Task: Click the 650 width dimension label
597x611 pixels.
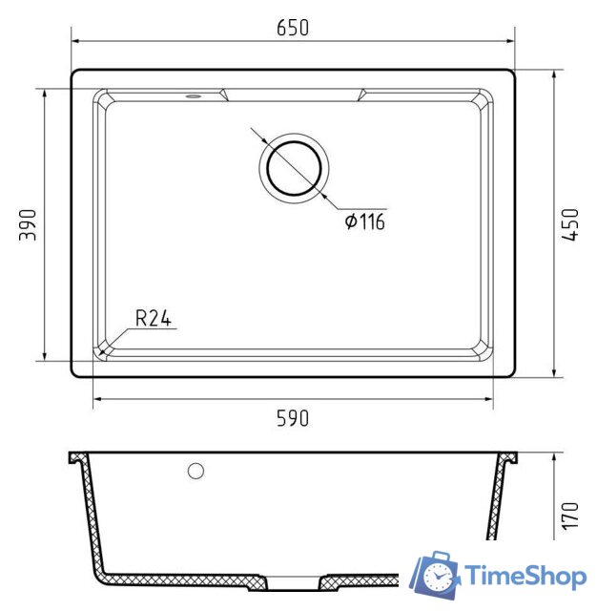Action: click(293, 28)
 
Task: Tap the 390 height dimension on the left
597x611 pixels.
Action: click(28, 225)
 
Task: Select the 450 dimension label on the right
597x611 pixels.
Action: click(570, 225)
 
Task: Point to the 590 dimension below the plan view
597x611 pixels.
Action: click(293, 418)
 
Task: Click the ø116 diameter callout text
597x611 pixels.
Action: click(365, 221)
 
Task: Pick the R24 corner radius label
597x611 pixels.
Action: click(154, 318)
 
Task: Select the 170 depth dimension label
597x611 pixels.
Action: click(570, 516)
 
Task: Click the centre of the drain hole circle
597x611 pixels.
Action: click(295, 169)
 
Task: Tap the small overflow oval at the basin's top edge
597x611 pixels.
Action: click(193, 95)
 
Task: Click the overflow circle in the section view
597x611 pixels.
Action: click(196, 471)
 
